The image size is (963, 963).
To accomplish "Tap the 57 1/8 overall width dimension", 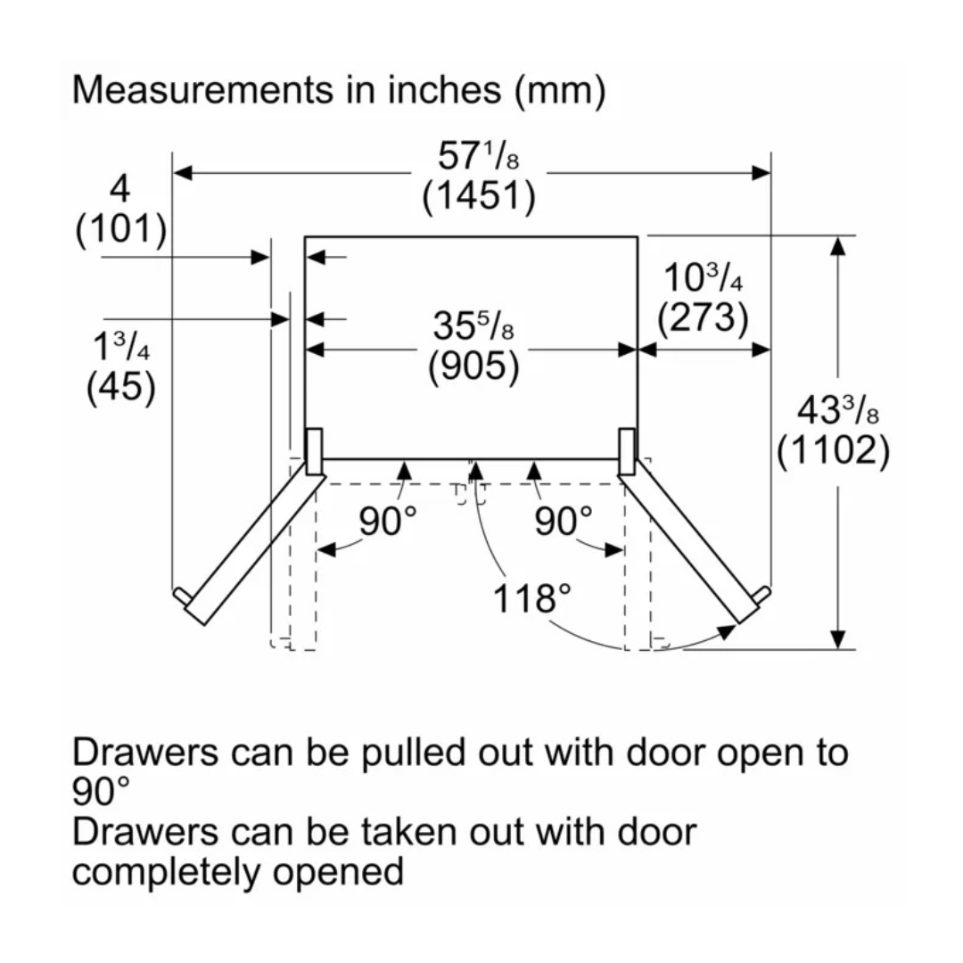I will click(478, 158).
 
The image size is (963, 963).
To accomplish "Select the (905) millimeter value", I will click(473, 367).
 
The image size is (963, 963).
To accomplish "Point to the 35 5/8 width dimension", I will click(473, 327).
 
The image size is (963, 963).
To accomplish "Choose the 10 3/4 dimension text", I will click(703, 278).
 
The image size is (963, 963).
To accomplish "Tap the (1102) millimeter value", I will click(833, 453).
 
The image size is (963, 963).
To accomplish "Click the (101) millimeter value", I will click(121, 230).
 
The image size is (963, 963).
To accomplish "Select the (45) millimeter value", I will click(121, 387).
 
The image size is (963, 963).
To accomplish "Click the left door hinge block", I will click(313, 450).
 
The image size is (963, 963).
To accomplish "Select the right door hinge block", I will click(628, 450).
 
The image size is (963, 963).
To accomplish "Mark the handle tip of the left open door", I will click(181, 595).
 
